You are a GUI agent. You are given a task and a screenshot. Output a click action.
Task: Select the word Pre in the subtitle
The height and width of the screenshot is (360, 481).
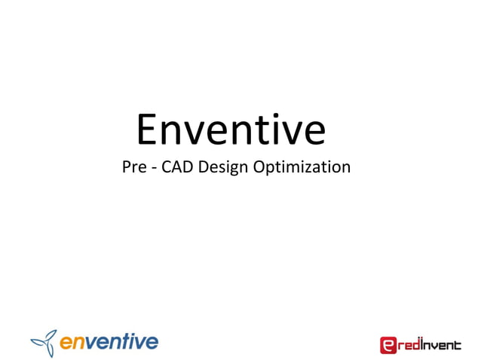pyautogui.click(x=133, y=167)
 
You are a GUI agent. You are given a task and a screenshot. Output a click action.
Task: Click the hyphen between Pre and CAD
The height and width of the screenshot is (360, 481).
pyautogui.click(x=154, y=168)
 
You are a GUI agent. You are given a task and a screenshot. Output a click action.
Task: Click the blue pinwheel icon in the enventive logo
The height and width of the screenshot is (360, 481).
pyautogui.click(x=43, y=343)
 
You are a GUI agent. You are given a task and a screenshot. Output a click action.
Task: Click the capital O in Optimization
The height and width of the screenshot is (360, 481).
pyautogui.click(x=259, y=167)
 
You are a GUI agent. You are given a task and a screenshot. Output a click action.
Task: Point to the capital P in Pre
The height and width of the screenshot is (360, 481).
pyautogui.click(x=126, y=167)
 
